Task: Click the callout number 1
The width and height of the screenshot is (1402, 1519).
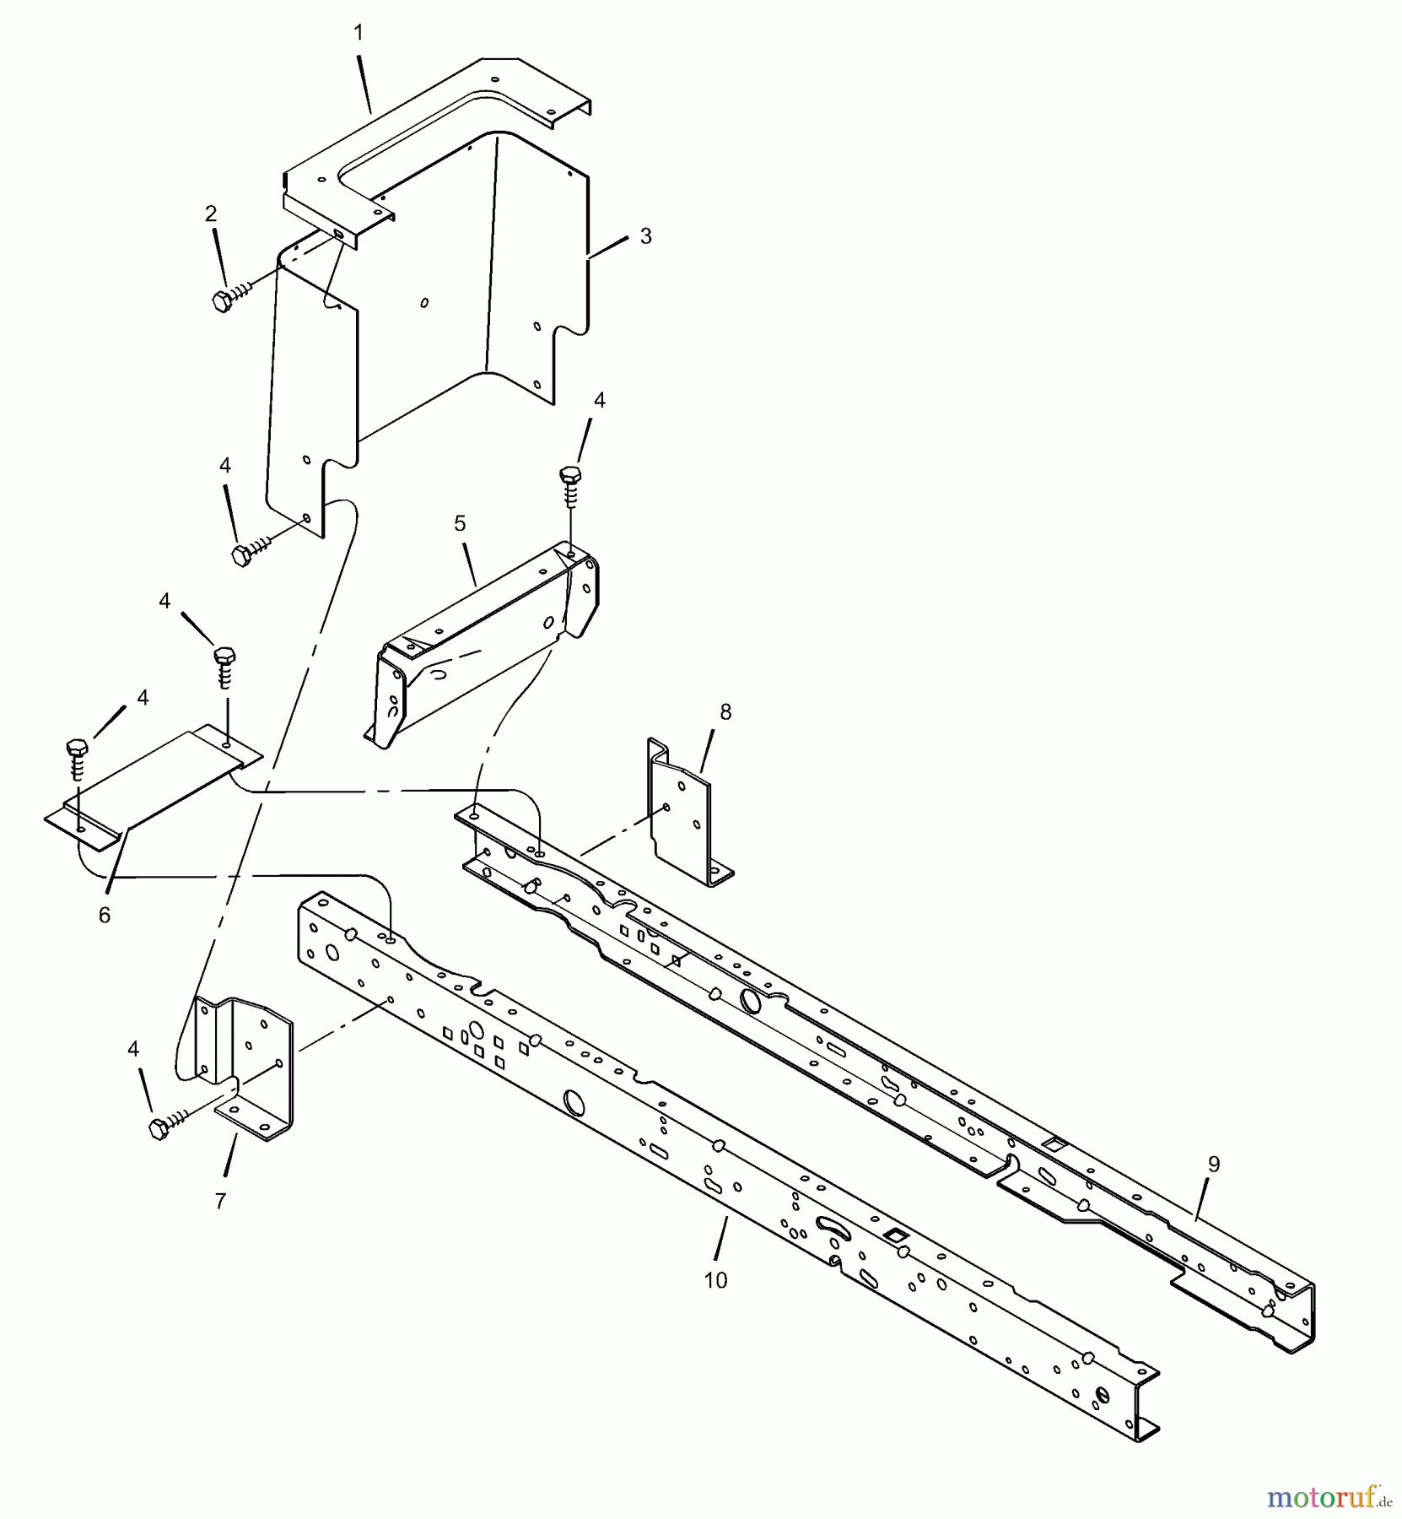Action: click(x=359, y=33)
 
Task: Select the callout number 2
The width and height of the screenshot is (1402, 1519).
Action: click(x=211, y=214)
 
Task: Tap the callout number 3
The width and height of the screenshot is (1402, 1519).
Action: click(x=645, y=236)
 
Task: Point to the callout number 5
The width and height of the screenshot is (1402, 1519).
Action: click(x=460, y=523)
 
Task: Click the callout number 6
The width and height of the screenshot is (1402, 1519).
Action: click(x=105, y=916)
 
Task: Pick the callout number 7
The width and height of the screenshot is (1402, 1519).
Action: click(x=220, y=1201)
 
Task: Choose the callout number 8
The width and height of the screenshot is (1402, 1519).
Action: click(x=725, y=712)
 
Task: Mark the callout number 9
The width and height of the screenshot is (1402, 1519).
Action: click(x=1213, y=1165)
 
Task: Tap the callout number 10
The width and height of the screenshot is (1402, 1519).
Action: click(x=715, y=1280)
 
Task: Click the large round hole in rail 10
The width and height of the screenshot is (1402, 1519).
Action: click(x=574, y=1101)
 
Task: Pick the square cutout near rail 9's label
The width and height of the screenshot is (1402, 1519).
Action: click(x=1054, y=1144)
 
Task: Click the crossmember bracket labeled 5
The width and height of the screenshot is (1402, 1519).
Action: click(x=485, y=641)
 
